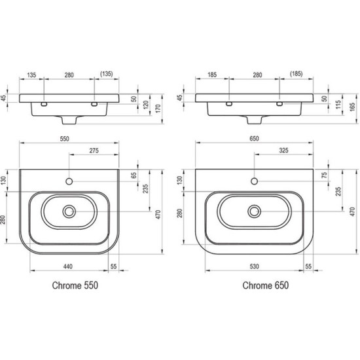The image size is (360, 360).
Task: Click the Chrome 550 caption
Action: pyautogui.click(x=75, y=285)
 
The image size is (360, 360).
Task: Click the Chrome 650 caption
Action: pyautogui.click(x=265, y=285)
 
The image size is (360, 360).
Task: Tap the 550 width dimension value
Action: pyautogui.click(x=65, y=139)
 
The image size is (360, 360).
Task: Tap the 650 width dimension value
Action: pyautogui.click(x=254, y=139)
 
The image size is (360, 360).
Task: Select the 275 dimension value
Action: pyautogui.click(x=94, y=151)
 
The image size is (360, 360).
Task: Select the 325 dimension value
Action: pyautogui.click(x=283, y=151)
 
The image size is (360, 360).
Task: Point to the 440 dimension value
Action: pyautogui.click(x=68, y=266)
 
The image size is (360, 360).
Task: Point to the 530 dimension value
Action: pyautogui.click(x=254, y=266)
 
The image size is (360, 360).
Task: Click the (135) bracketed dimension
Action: pyautogui.click(x=107, y=74)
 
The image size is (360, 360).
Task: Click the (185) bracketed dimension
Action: pyautogui.click(x=296, y=74)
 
